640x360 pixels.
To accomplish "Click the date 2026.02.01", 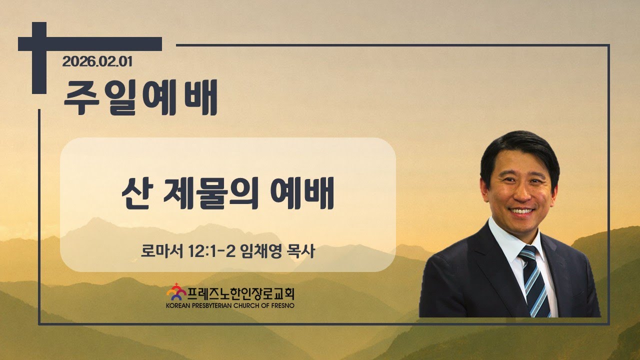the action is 97,61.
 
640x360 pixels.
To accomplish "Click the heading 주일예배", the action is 141,97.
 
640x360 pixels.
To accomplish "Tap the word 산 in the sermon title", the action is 137,193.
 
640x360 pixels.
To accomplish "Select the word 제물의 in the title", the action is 211,193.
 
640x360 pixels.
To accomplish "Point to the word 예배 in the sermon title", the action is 302,193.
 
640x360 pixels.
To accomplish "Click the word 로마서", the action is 161,251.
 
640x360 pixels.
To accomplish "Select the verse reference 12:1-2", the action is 211,251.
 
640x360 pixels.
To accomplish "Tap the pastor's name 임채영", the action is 261,251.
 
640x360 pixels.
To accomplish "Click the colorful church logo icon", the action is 176,291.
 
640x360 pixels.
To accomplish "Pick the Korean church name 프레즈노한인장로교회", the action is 241,293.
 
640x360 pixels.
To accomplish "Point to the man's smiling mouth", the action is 521,211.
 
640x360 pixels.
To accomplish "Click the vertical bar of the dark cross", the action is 39,58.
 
